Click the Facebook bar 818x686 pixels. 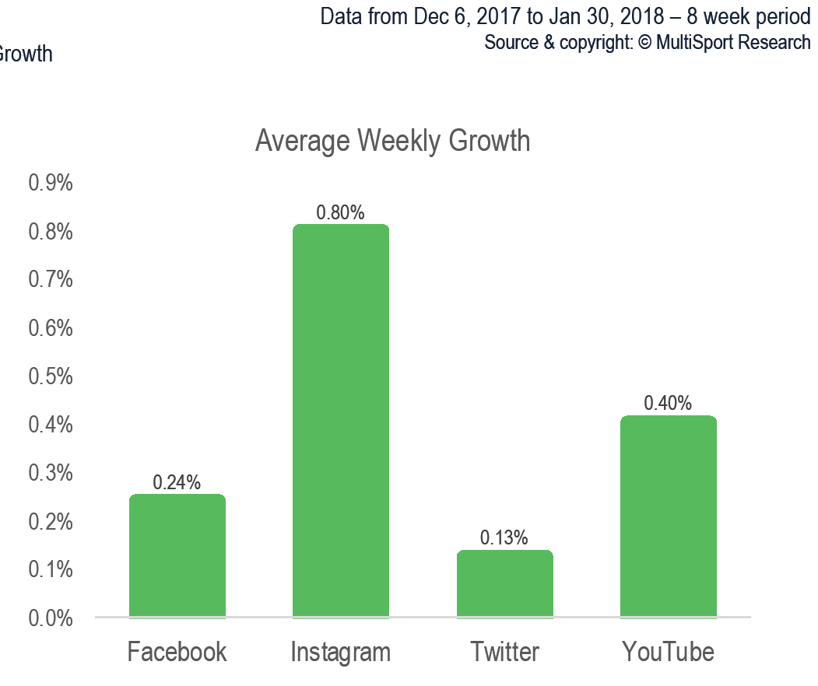177,555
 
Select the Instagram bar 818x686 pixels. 341,421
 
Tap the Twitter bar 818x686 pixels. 505,583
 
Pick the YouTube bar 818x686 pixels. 669,516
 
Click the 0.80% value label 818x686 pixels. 340,212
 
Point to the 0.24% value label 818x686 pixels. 177,482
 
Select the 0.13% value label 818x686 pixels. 504,537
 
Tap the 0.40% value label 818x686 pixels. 668,403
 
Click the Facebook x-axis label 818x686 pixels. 177,651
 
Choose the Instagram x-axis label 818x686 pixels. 341,652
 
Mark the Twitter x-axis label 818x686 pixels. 505,651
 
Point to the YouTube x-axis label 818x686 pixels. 669,651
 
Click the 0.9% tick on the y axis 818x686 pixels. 51,184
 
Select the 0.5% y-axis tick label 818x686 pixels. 51,376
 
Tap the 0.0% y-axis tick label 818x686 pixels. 51,618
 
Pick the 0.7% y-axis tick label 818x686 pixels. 51,280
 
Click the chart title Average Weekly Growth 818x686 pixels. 393,142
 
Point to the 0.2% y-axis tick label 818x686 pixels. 51,522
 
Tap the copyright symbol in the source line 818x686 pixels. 645,43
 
